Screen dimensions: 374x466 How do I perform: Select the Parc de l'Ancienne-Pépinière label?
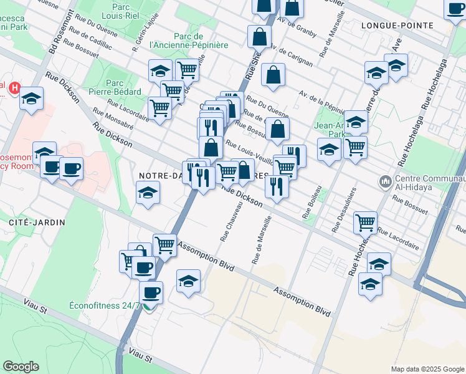189,40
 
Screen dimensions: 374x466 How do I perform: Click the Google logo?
21,366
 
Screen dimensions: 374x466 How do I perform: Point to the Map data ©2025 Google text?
427,369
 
